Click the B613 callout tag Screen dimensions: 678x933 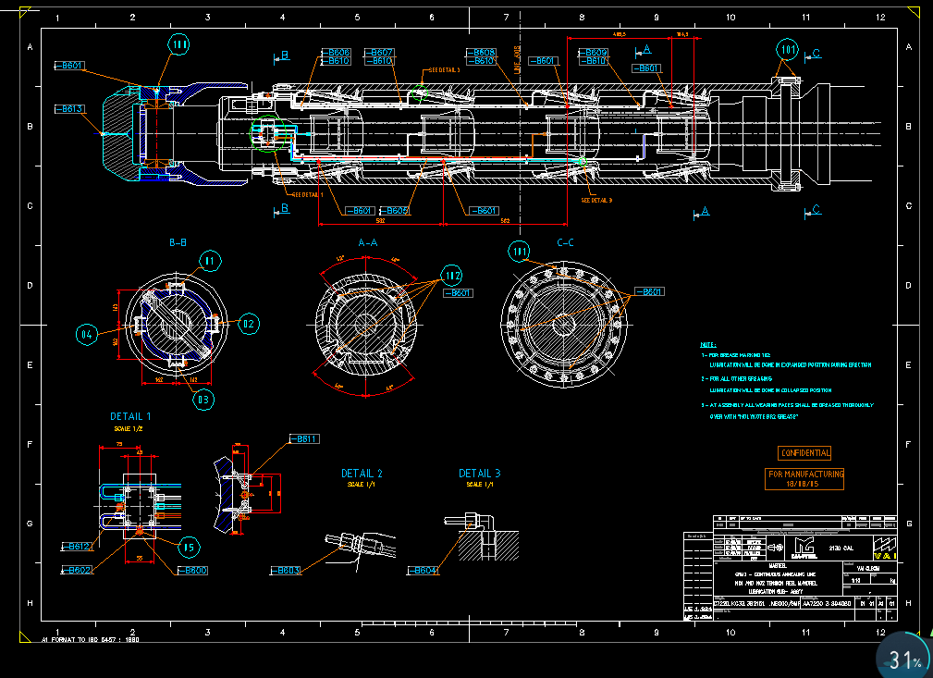pyautogui.click(x=71, y=109)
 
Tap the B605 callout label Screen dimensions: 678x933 pyautogui.click(x=394, y=211)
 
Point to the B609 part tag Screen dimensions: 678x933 pyautogui.click(x=595, y=53)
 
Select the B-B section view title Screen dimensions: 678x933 pyautogui.click(x=178, y=242)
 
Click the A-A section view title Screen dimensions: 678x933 pyautogui.click(x=367, y=242)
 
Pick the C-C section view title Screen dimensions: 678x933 pyautogui.click(x=565, y=242)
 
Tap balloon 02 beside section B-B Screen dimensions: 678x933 pyautogui.click(x=249, y=324)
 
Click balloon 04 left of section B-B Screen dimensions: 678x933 pyautogui.click(x=87, y=333)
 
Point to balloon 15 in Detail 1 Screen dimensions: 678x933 pyautogui.click(x=188, y=547)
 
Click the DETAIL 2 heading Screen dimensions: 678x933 pyautogui.click(x=362, y=474)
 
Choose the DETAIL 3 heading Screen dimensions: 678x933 pyautogui.click(x=480, y=474)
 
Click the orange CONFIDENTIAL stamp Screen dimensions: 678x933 pyautogui.click(x=804, y=452)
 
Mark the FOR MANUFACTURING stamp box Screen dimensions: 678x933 pyautogui.click(x=805, y=478)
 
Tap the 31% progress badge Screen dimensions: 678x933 pyautogui.click(x=905, y=658)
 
